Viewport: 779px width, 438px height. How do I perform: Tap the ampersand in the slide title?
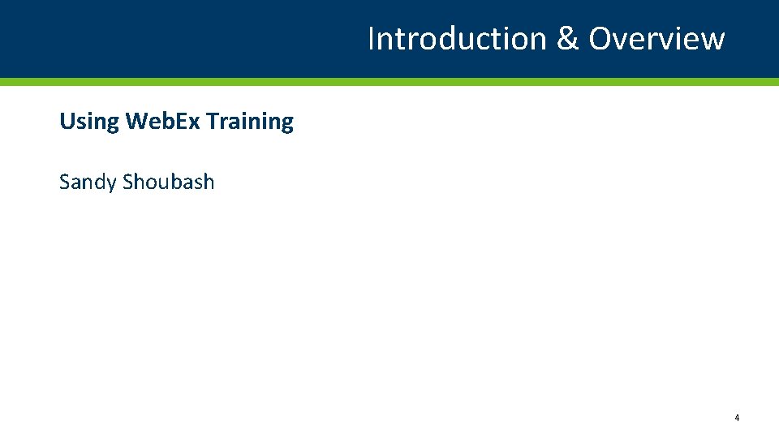tap(567, 39)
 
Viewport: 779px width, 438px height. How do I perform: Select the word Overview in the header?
tap(656, 38)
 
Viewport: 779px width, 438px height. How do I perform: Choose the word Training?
tap(250, 122)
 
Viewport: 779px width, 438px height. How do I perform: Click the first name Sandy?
tap(88, 182)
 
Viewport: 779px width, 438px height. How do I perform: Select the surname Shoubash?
tap(168, 182)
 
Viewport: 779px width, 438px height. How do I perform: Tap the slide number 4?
tap(737, 418)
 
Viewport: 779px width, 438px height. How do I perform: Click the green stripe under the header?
tap(389, 82)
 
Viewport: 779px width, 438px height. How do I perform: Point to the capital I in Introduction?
tap(372, 38)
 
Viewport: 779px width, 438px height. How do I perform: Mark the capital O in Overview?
tap(601, 38)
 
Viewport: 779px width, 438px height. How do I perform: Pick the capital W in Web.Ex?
tap(136, 121)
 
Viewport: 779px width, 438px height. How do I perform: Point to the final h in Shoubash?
tap(209, 182)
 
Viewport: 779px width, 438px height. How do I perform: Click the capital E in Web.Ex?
tap(181, 121)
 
